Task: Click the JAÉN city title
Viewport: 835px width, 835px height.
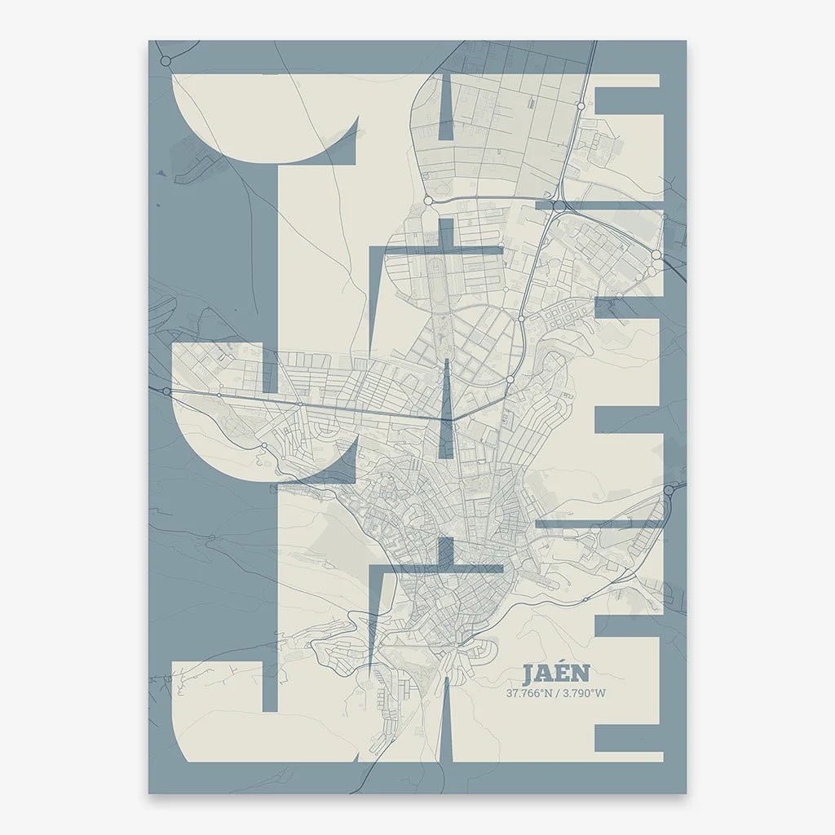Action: pyautogui.click(x=554, y=674)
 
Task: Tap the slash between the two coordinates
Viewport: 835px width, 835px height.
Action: pyautogui.click(x=554, y=694)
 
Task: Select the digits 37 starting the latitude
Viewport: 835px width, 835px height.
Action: pyautogui.click(x=511, y=694)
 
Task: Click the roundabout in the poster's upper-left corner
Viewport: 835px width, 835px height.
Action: pyautogui.click(x=166, y=60)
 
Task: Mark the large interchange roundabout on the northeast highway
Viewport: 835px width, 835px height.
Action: pyautogui.click(x=559, y=207)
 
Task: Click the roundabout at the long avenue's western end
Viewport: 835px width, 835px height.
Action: pyautogui.click(x=166, y=392)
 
